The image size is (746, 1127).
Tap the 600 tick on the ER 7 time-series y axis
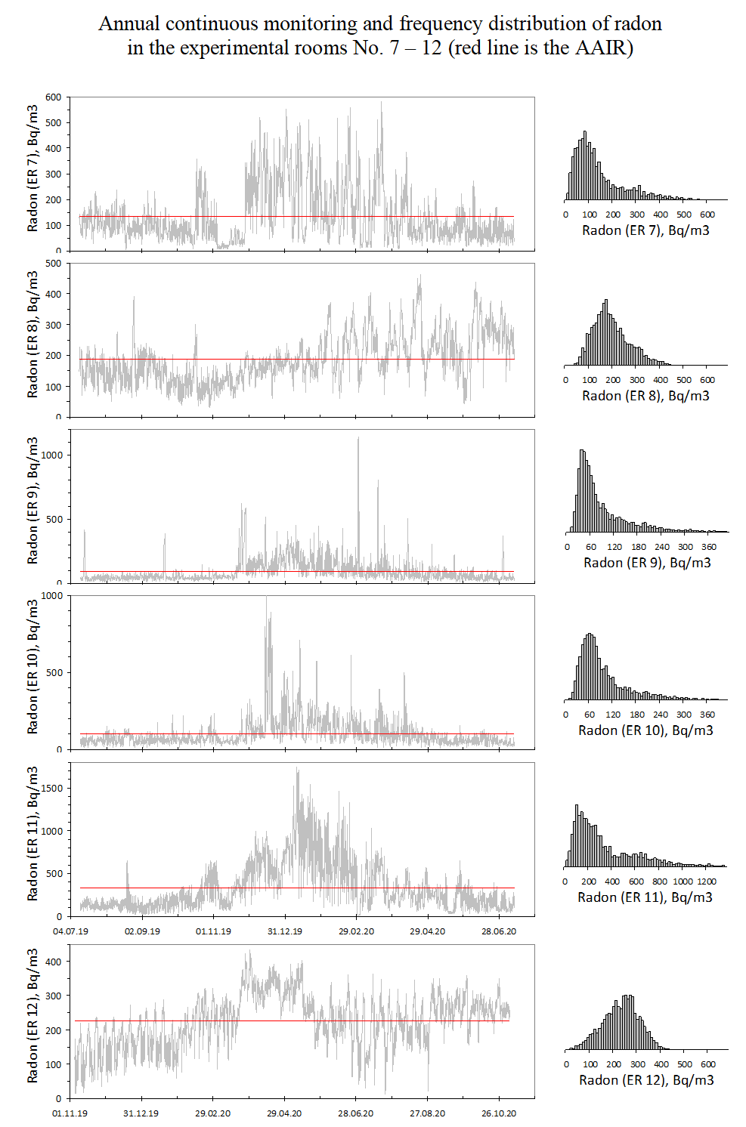coord(54,97)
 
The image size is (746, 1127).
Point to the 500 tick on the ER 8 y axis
coord(54,263)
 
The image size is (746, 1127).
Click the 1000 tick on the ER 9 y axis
coord(52,455)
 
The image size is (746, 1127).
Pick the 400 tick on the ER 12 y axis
coord(54,962)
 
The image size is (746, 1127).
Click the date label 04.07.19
coord(70,931)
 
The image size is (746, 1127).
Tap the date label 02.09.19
coord(142,931)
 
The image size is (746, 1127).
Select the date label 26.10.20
coord(499,1113)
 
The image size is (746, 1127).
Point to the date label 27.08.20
coord(428,1113)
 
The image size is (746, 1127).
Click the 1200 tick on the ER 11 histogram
coord(706,882)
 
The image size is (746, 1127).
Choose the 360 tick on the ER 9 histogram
coord(709,547)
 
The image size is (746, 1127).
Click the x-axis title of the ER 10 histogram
coord(645,730)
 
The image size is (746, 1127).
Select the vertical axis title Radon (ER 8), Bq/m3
coord(33,335)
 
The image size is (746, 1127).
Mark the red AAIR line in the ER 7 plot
coord(302,217)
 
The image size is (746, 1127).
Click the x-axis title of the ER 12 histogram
coord(646,1080)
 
